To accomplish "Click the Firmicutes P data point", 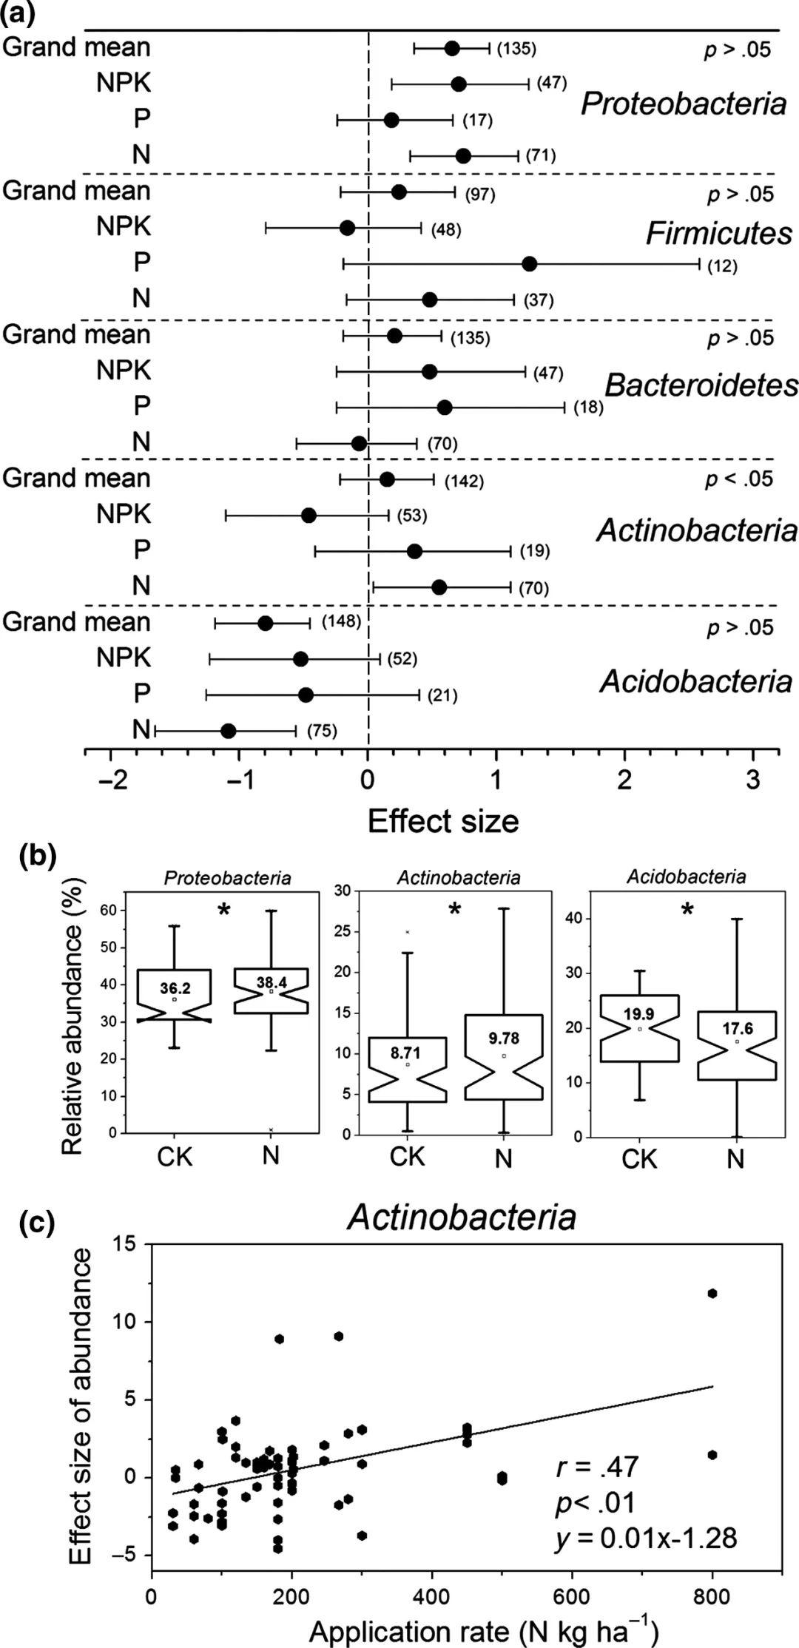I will tap(529, 264).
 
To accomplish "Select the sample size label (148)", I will tap(341, 621).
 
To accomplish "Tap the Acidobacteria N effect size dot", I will tap(228, 731).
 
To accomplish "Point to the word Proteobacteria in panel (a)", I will tap(683, 104).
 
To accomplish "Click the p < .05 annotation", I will tap(738, 479).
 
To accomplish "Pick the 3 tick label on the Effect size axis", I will tap(753, 781).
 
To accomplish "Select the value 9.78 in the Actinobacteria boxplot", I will tap(504, 1039).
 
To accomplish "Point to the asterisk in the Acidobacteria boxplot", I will tap(687, 911).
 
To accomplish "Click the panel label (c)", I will tap(36, 1225).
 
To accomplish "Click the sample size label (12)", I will tap(722, 266).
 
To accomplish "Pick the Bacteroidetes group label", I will tap(701, 385).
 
